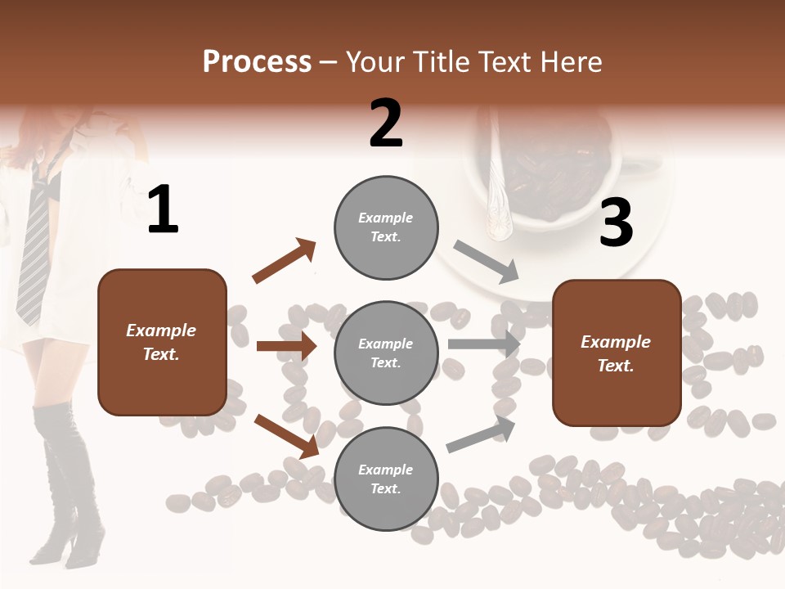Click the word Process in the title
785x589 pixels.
click(257, 62)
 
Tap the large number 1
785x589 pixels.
click(163, 209)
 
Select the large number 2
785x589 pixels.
click(386, 124)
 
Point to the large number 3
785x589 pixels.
click(616, 223)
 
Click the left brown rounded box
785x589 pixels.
click(162, 342)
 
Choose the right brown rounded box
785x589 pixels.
click(617, 353)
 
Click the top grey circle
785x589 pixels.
click(386, 227)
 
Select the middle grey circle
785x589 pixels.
click(386, 353)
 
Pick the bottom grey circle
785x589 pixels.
click(386, 479)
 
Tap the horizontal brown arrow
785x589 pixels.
click(286, 346)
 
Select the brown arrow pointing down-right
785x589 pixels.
click(285, 436)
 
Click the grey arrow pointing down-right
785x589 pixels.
click(486, 262)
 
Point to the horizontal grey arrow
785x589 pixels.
click(483, 344)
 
